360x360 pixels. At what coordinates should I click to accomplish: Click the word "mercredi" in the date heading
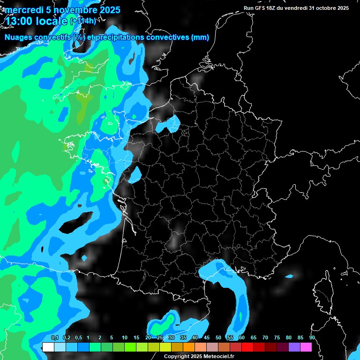coord(23,10)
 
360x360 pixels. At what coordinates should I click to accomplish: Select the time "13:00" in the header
coord(19,21)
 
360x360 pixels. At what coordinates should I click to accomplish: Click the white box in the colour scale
coord(48,347)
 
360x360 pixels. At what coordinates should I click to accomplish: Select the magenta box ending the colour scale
coord(306,347)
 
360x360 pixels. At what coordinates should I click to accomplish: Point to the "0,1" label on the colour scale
coord(55,338)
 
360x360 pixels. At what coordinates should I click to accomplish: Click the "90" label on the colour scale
coord(312,338)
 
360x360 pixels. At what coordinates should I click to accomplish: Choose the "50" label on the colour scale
coord(218,338)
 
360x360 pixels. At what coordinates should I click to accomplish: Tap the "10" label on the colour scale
coord(125,338)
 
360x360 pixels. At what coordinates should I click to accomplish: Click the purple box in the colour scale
coord(294,347)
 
